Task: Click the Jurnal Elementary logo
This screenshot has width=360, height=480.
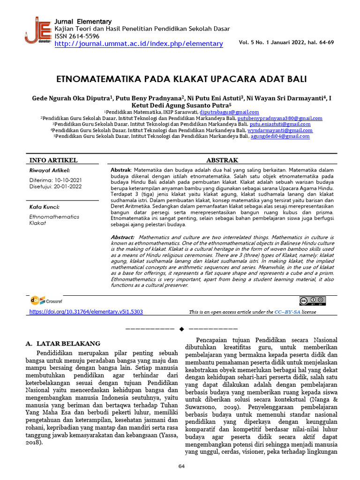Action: coord(38,30)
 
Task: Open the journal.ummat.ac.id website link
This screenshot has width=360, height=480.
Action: coord(139,44)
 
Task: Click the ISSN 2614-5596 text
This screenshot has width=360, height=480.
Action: coord(77,36)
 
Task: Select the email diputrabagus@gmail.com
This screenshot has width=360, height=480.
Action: coord(229,112)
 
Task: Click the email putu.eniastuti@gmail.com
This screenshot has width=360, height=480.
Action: coord(280,124)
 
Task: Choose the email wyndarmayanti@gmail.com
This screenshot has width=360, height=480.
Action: coord(286,130)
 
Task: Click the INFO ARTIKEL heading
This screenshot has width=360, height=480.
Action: coord(53,160)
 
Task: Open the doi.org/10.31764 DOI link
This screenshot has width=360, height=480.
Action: coord(86,312)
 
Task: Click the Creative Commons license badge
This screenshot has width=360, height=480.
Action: coord(312,301)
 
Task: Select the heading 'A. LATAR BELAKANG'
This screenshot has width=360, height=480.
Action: coord(63,344)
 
